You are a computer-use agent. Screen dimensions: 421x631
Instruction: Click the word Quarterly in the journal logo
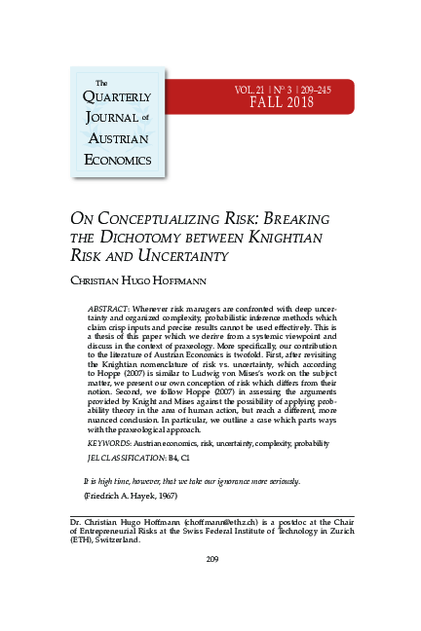tap(115, 96)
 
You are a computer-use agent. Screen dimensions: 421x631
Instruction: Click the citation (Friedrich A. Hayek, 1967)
tap(128, 497)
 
